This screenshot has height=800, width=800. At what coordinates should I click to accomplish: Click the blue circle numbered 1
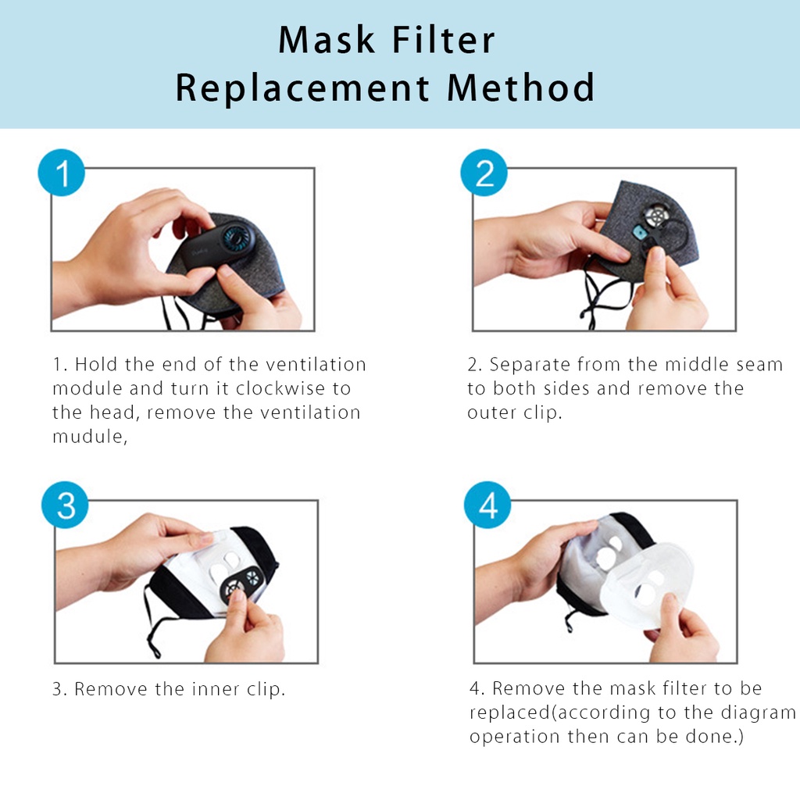coord(61,173)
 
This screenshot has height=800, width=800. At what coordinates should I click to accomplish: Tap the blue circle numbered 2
coord(484,173)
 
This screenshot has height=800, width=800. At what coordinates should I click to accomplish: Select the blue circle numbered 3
coord(65,505)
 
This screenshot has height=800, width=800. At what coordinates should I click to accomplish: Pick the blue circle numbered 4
coord(487,505)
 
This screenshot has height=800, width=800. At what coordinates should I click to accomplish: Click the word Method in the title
coord(520,87)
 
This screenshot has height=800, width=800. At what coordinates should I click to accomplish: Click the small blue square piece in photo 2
coord(639,233)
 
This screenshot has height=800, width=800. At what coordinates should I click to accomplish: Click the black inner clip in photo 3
coord(242,581)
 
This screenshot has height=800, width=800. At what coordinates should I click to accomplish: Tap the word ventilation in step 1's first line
coord(316,365)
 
